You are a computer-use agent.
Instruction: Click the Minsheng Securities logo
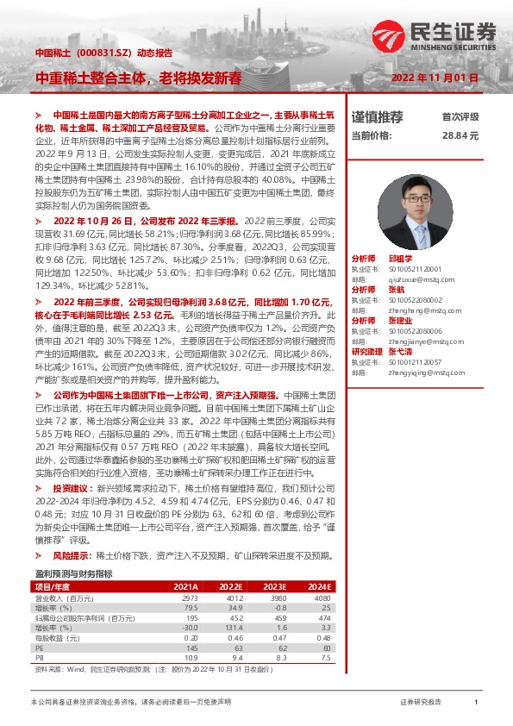[x=435, y=34]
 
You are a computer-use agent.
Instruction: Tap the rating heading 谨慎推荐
[x=378, y=116]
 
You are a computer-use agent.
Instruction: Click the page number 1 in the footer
[x=476, y=703]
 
